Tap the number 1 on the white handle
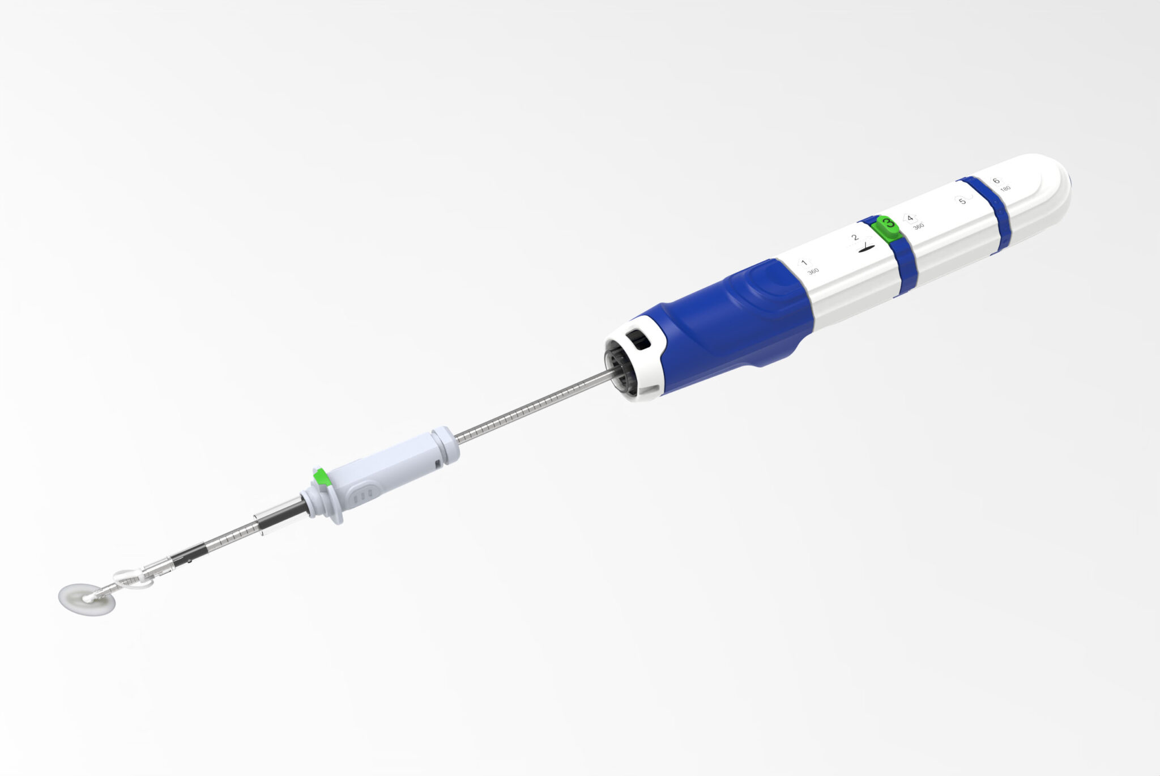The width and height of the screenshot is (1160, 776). [x=803, y=262]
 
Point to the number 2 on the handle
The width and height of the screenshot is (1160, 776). [x=855, y=238]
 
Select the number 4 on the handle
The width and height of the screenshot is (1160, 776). [x=910, y=218]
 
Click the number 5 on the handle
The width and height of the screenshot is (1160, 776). [x=962, y=201]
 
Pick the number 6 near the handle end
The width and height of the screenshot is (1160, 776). [x=996, y=181]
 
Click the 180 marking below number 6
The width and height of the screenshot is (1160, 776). [x=1005, y=189]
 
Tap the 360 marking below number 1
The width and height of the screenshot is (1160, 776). [x=813, y=271]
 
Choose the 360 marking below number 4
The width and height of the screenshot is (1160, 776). [x=919, y=226]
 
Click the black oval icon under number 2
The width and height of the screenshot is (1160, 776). [x=867, y=247]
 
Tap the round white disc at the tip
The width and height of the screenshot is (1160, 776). [x=87, y=600]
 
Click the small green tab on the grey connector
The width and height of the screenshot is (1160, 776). [x=322, y=477]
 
